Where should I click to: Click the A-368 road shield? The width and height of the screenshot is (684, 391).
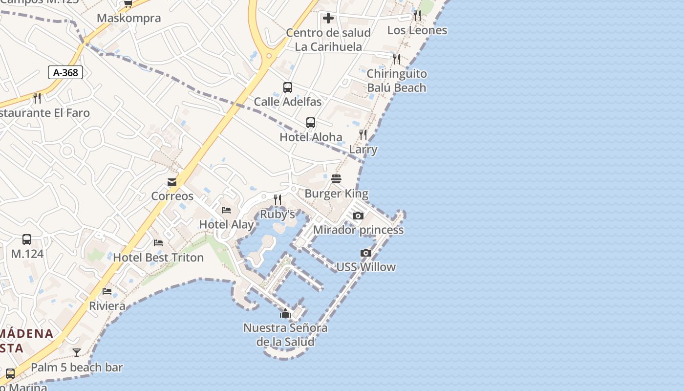(65, 73)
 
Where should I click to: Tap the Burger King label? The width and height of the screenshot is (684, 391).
(336, 194)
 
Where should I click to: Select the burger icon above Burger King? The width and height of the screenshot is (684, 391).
(336, 179)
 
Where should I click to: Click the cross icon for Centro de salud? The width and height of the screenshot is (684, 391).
(328, 19)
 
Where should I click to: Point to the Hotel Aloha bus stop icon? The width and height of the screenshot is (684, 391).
(311, 123)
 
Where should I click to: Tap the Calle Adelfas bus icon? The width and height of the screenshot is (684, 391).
(288, 87)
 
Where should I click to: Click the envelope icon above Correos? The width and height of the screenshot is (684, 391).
(172, 182)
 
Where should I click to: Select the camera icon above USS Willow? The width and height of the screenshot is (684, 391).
(365, 253)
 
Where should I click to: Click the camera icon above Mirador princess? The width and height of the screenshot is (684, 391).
(358, 216)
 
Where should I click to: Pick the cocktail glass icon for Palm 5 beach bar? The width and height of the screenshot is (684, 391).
(77, 352)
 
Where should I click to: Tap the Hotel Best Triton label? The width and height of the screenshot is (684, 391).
(158, 258)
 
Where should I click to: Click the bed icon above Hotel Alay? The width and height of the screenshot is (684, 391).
(226, 210)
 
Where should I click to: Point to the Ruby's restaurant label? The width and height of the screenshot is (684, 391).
(278, 214)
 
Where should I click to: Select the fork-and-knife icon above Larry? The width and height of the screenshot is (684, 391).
(363, 135)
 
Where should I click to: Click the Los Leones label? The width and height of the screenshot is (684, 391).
(417, 30)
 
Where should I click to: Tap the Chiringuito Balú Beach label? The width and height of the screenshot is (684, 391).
(396, 81)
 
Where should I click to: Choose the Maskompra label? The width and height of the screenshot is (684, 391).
(128, 19)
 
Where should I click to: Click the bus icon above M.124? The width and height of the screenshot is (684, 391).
(27, 239)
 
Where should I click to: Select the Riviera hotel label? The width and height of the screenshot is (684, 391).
(107, 306)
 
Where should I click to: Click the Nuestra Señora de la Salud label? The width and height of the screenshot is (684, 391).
(285, 335)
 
